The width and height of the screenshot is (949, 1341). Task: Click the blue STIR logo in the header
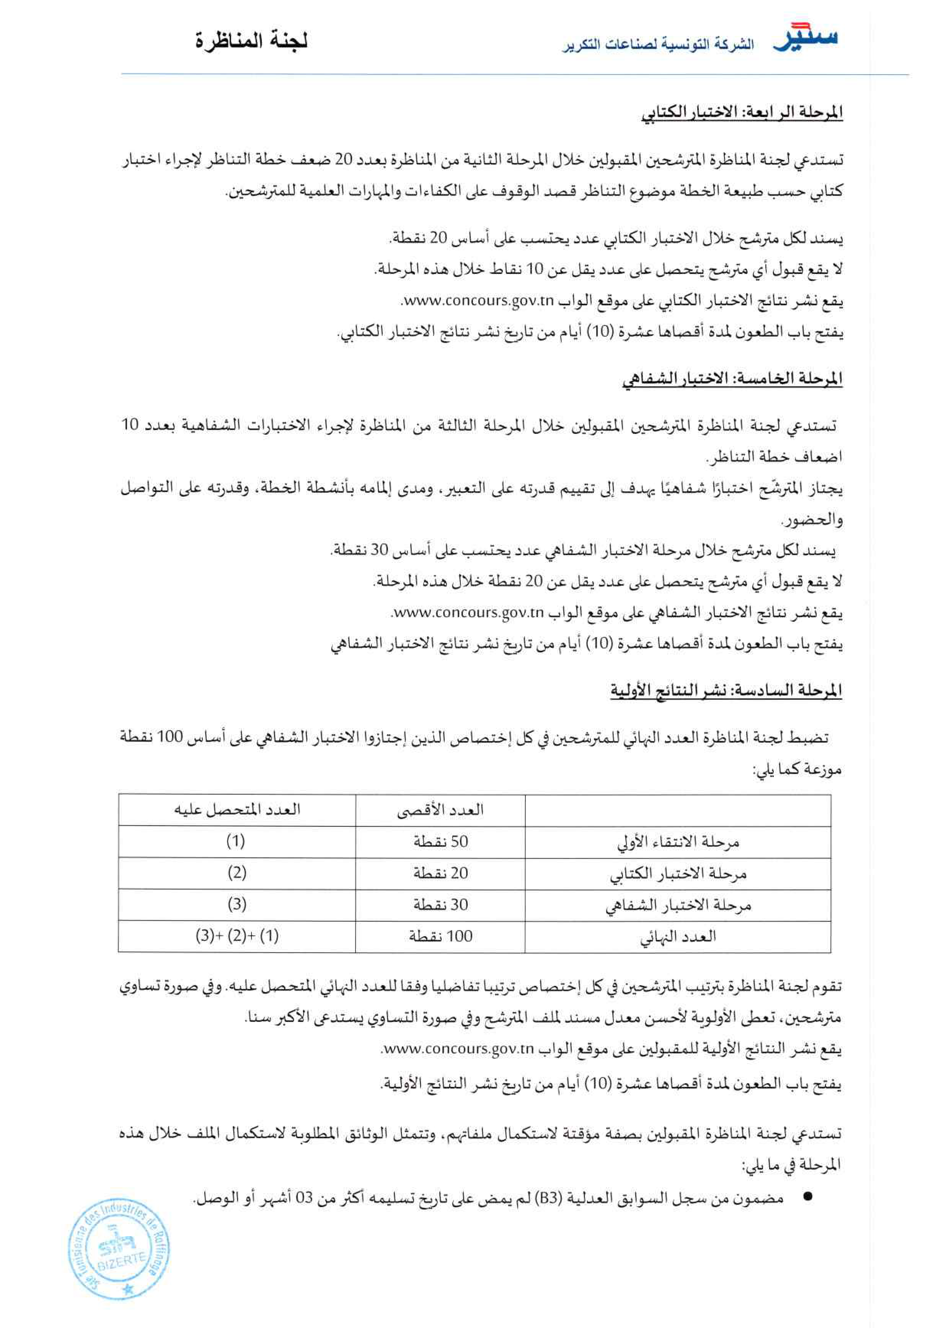[805, 38]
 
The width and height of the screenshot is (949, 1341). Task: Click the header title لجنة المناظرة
[252, 42]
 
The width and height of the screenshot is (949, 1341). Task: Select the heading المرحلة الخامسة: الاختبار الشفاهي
[732, 379]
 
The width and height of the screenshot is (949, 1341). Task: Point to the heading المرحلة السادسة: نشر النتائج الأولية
[726, 691]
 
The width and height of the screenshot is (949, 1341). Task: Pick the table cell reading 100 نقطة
[440, 937]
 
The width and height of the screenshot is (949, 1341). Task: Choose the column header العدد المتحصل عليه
[236, 809]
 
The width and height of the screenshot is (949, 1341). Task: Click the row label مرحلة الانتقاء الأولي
[678, 842]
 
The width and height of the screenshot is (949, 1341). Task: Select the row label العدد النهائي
[678, 937]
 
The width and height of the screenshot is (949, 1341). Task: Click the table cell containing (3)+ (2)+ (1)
[236, 937]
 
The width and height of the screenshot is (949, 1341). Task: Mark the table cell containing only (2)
[236, 873]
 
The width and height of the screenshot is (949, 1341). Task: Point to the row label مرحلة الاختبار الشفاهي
[678, 905]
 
